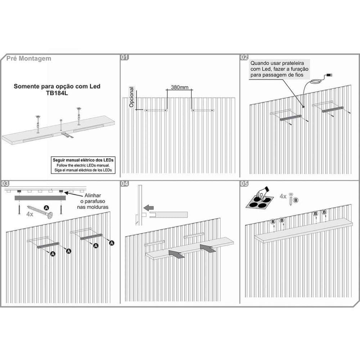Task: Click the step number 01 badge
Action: (x=125, y=57)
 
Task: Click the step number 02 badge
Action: (x=244, y=57)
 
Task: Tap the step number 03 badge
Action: (x=5, y=184)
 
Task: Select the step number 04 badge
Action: (x=125, y=184)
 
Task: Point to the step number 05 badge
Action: (x=244, y=184)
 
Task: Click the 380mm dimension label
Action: (x=180, y=87)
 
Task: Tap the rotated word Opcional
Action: (x=131, y=97)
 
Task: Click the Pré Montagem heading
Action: (x=29, y=58)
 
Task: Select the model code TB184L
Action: (x=57, y=93)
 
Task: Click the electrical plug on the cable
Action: (x=329, y=75)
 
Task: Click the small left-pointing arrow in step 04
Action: (x=149, y=208)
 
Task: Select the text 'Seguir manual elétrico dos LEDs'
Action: (x=83, y=160)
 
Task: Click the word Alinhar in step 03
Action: (x=93, y=195)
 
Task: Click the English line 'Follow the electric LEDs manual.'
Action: (x=83, y=165)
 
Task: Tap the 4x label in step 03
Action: (x=30, y=214)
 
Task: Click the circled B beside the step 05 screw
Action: (x=296, y=200)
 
